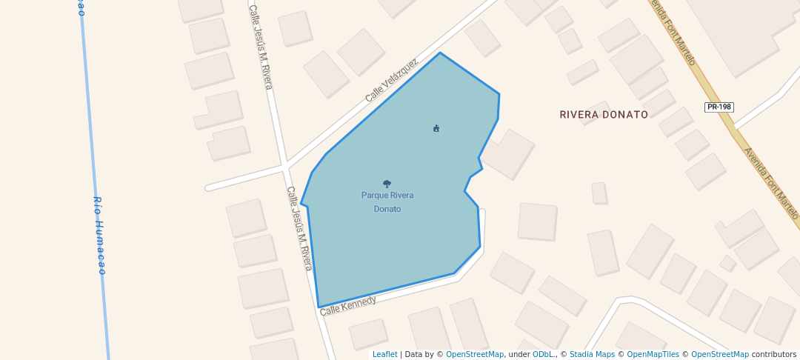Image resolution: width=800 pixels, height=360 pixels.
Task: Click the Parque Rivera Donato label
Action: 387,202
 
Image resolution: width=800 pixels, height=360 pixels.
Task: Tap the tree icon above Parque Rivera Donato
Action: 387,184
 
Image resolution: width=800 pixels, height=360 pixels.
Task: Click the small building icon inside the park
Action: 436,128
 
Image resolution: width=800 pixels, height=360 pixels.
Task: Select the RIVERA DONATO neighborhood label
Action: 604,115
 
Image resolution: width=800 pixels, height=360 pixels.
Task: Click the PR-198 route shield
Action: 719,107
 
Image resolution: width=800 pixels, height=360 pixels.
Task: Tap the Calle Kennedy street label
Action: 348,304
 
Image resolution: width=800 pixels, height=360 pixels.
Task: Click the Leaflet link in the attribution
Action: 384,354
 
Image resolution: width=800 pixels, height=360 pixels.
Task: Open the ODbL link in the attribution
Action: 542,354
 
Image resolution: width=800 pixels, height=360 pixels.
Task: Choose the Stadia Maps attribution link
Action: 592,354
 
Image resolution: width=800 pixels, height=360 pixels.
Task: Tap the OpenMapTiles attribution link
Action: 653,354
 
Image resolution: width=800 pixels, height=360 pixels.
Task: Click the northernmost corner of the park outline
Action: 440,53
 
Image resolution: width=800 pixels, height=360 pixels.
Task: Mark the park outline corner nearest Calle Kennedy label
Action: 319,307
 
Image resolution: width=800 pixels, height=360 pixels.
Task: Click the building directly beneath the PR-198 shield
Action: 692,144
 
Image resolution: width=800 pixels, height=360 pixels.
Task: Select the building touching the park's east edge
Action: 509,153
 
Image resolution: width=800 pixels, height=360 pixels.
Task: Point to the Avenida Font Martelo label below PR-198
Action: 771,181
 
